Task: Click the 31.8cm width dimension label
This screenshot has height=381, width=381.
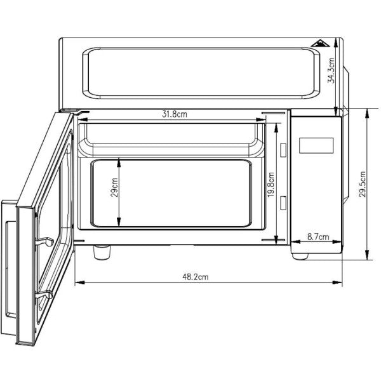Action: tap(174, 114)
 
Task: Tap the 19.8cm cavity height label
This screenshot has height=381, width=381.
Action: tap(271, 187)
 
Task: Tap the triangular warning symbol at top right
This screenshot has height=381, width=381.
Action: tap(323, 44)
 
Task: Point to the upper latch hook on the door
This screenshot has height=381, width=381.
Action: tap(44, 240)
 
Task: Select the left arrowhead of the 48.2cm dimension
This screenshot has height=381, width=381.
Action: tap(77, 283)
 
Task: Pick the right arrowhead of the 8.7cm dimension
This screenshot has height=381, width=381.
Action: tap(339, 242)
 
